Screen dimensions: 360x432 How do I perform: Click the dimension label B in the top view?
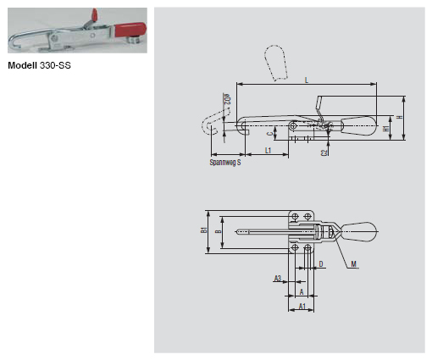point(218,230)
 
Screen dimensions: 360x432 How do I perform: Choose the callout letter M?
point(353,263)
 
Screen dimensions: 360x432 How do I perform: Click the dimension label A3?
point(277,278)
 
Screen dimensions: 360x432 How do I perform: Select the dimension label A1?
point(302,307)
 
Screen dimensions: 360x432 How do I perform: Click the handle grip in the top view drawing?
point(362,230)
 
